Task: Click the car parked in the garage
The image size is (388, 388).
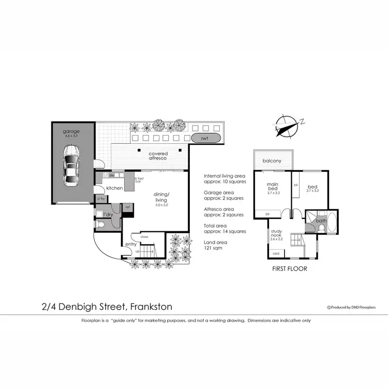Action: [x=72, y=166]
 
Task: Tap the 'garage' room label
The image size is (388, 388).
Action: [x=71, y=131]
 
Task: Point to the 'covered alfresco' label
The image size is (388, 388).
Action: [x=158, y=157]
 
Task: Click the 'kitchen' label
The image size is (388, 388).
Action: [x=114, y=188]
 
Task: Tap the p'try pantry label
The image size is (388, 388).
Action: [x=100, y=199]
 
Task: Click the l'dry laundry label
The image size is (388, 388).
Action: [x=109, y=214]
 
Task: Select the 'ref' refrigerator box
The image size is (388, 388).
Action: [x=127, y=207]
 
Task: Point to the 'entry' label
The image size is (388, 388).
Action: [x=131, y=244]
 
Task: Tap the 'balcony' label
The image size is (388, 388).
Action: [x=272, y=161]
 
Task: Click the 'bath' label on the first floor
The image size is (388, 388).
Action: [x=321, y=221]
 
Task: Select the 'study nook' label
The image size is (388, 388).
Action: [x=277, y=235]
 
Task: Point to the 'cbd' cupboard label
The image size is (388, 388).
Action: [x=276, y=253]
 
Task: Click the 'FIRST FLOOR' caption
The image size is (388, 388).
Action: [x=290, y=269]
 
